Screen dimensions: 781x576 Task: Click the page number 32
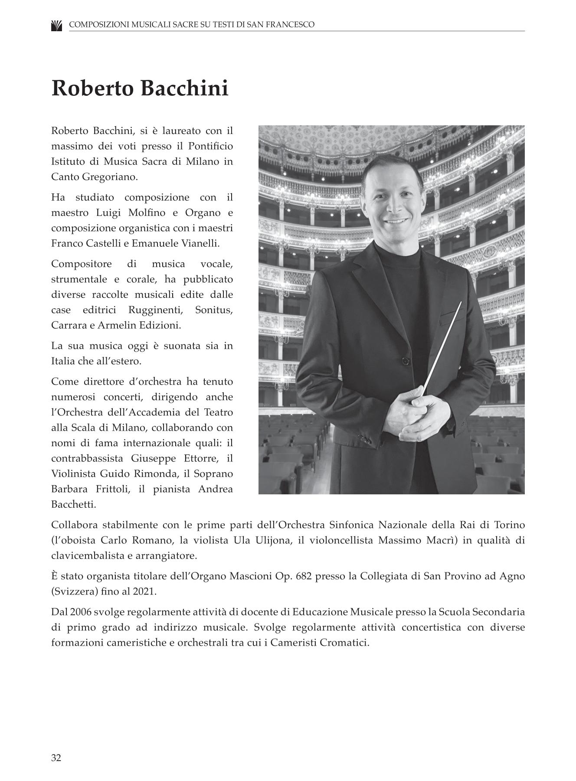[56, 758]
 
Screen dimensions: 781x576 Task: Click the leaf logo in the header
[56, 25]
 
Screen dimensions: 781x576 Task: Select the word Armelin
[121, 325]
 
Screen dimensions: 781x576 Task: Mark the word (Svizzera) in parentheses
[72, 591]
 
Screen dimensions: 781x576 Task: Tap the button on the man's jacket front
[405, 361]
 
